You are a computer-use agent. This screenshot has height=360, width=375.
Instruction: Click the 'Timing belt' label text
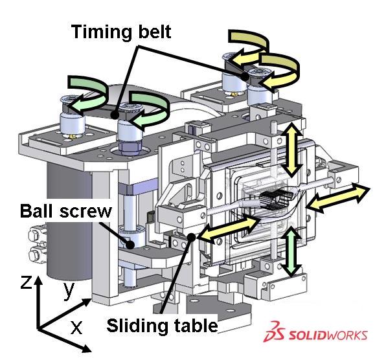coord(121,32)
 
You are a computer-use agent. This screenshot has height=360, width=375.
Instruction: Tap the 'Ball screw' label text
coord(66,211)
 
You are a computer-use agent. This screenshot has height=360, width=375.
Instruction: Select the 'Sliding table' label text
coord(162,326)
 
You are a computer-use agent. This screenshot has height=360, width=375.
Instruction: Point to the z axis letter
coord(26,282)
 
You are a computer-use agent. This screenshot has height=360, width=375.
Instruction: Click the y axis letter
coord(69,290)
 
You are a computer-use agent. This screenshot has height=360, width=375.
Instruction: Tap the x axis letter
coord(76,327)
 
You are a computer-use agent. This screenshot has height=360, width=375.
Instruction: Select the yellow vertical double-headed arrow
coord(292,149)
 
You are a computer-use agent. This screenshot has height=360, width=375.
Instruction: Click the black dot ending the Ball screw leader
coord(130,245)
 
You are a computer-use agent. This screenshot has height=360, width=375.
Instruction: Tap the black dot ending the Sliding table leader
coord(191,237)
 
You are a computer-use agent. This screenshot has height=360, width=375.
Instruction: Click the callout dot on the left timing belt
coord(115,115)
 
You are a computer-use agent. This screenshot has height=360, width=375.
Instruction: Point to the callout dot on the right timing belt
coord(245,77)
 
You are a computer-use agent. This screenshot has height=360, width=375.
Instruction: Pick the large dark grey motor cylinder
coord(69,220)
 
